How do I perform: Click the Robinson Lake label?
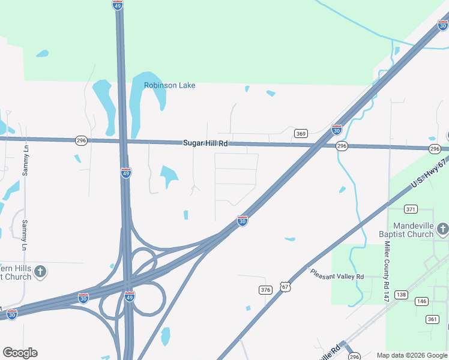pyautogui.click(x=169, y=85)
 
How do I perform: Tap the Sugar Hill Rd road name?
pyautogui.click(x=205, y=143)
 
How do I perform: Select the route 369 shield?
pyautogui.click(x=301, y=133)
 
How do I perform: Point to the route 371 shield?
pyautogui.click(x=411, y=209)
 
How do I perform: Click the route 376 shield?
pyautogui.click(x=265, y=290)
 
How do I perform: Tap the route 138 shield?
pyautogui.click(x=402, y=295)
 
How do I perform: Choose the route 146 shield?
pyautogui.click(x=421, y=301)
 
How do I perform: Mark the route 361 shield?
pyautogui.click(x=432, y=319)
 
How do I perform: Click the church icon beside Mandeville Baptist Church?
pyautogui.click(x=442, y=229)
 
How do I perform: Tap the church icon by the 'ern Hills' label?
pyautogui.click(x=40, y=272)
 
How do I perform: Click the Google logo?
pyautogui.click(x=20, y=353)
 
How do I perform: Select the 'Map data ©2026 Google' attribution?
pyautogui.click(x=412, y=355)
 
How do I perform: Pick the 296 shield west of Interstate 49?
pyautogui.click(x=82, y=140)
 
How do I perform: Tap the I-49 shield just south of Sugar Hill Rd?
pyautogui.click(x=126, y=173)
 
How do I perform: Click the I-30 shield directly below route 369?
pyautogui.click(x=337, y=129)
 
